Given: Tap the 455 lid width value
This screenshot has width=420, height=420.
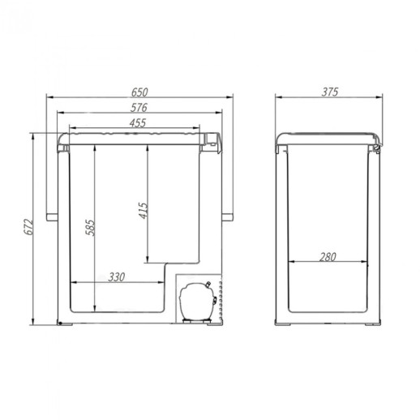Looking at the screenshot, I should (135, 122).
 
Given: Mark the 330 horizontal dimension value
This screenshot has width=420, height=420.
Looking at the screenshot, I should (117, 276).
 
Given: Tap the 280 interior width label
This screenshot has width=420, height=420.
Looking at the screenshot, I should (328, 257).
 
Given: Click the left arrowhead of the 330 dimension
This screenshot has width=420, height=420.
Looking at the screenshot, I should (74, 283).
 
